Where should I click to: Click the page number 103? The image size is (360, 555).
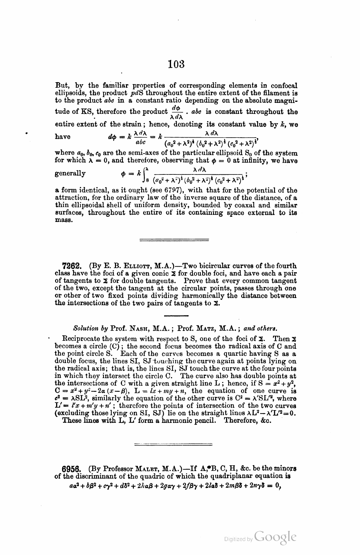[x=177, y=64]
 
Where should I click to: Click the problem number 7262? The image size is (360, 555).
[x=72, y=266]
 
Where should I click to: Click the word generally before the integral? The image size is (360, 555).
[x=70, y=173]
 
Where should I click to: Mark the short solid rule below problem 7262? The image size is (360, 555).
[x=176, y=316]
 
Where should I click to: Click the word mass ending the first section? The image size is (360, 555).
[x=64, y=221]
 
